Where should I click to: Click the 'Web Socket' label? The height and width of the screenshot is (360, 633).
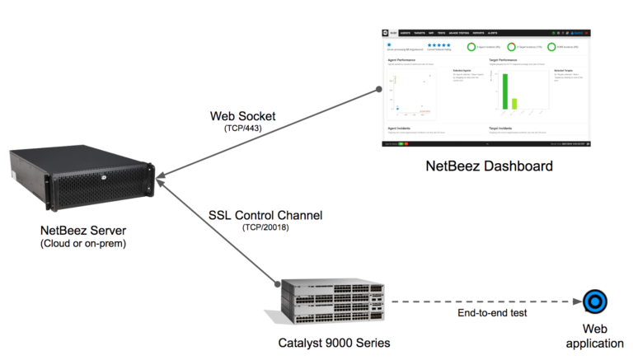[243, 116]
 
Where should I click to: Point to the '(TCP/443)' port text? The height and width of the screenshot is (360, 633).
[243, 129]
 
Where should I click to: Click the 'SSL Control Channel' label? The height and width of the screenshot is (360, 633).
[266, 215]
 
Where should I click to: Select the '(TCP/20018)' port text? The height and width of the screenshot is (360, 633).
[265, 227]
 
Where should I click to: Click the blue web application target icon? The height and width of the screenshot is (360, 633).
[593, 302]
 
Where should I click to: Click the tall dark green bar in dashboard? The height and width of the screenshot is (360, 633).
[505, 90]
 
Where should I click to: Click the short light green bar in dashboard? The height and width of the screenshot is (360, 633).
[514, 104]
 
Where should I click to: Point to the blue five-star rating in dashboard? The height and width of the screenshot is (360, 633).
[439, 47]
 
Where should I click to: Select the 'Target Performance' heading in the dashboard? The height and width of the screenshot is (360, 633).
[504, 61]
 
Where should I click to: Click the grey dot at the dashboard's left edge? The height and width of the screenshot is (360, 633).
[380, 87]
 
